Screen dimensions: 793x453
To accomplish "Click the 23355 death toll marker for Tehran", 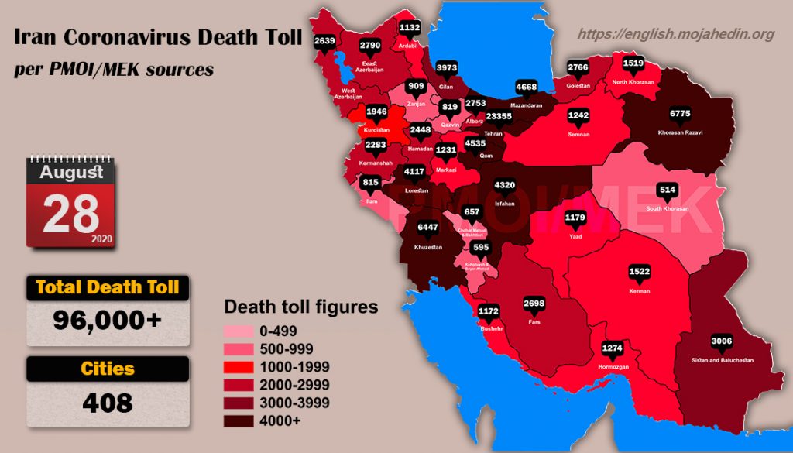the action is click(x=493, y=116).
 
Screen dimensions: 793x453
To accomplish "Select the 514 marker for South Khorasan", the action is click(x=667, y=190).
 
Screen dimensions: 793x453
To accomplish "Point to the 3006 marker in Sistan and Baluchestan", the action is click(x=722, y=341).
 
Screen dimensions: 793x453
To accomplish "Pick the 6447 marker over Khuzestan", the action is click(x=428, y=228).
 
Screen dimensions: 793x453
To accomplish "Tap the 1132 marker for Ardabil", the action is click(x=410, y=27).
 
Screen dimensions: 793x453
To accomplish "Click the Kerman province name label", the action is click(x=640, y=291).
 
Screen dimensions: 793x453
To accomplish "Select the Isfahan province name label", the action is click(x=504, y=203).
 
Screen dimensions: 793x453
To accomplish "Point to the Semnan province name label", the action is click(x=578, y=134).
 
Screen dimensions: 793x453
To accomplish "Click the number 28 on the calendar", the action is click(x=70, y=214).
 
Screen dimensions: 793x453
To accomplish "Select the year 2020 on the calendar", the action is click(x=101, y=239).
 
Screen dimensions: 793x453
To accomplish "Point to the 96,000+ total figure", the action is click(x=108, y=319).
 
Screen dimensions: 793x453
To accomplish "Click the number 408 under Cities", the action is click(x=108, y=403).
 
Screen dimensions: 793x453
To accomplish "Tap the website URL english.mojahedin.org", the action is click(x=676, y=34).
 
